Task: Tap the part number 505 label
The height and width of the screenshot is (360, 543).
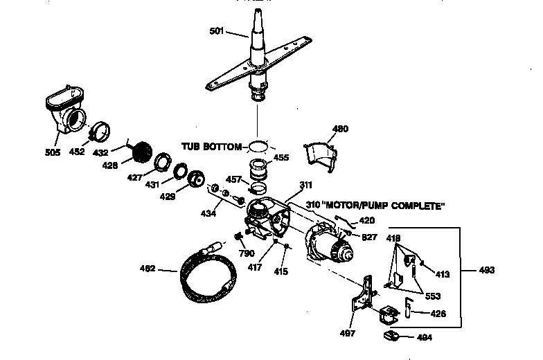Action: click(53, 152)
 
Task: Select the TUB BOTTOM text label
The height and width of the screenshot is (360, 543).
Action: click(211, 147)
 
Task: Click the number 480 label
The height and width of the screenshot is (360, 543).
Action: click(341, 129)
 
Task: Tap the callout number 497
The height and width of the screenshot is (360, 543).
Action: click(348, 333)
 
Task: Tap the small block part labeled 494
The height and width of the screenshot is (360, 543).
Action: click(393, 336)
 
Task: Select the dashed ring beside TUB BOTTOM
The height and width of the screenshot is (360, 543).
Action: click(258, 147)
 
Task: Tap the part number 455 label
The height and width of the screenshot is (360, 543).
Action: click(281, 158)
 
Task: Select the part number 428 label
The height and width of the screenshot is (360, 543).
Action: click(110, 165)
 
